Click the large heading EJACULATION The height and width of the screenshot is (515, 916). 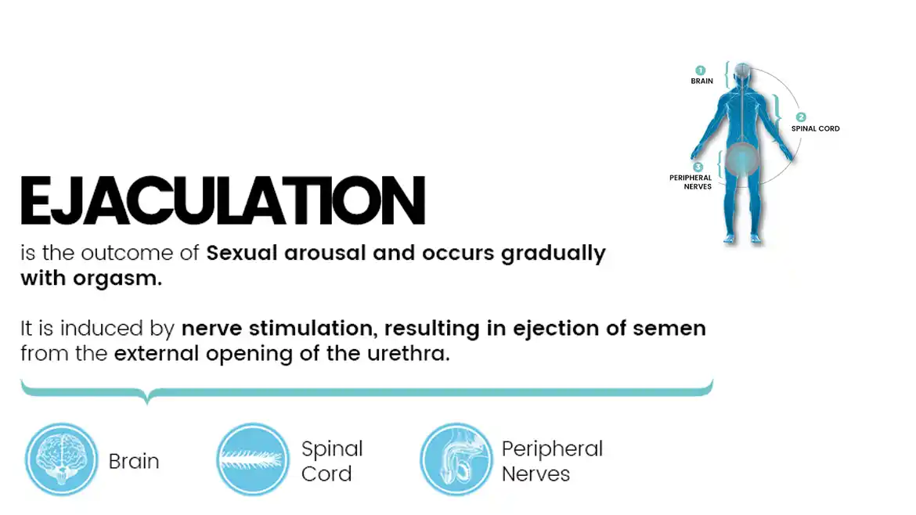tap(222, 200)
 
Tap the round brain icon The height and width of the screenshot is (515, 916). tap(61, 459)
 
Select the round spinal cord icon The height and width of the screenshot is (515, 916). tap(253, 459)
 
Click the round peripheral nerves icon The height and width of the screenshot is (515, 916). tap(456, 459)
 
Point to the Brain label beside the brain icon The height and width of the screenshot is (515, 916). tap(134, 461)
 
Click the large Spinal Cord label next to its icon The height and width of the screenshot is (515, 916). tap(332, 461)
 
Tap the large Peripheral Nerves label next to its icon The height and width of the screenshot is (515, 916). tap(552, 461)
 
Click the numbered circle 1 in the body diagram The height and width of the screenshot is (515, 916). tap(701, 70)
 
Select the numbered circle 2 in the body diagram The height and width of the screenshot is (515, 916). tap(801, 117)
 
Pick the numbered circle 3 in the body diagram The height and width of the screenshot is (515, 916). tap(698, 167)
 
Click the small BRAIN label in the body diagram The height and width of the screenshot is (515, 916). tap(701, 81)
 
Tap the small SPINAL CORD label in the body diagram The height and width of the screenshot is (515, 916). tap(816, 128)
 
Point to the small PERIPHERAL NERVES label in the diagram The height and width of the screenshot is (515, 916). tap(691, 182)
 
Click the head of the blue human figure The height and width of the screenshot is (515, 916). tap(742, 73)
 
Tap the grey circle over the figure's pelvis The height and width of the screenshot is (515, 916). tap(741, 159)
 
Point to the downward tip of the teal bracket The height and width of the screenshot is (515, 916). tap(147, 402)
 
